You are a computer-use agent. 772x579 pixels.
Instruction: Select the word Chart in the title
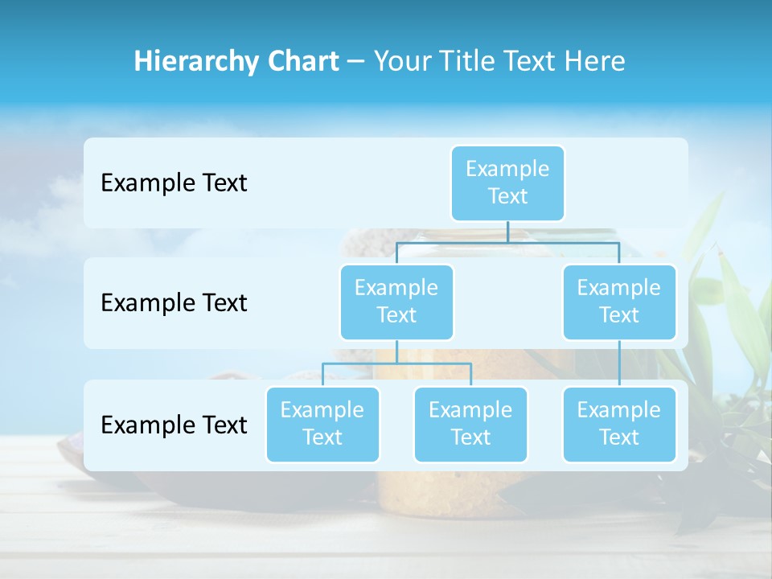tap(302, 61)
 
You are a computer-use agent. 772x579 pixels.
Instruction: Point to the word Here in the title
tap(593, 61)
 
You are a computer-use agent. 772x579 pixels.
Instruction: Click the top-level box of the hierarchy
tap(507, 183)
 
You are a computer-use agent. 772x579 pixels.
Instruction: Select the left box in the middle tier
tap(396, 302)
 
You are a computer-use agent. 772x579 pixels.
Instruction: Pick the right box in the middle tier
tap(619, 302)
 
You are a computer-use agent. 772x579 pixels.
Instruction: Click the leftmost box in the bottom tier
tap(322, 424)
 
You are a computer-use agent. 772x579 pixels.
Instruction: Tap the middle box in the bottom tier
tap(470, 424)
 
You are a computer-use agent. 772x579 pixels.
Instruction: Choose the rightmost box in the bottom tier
tap(619, 424)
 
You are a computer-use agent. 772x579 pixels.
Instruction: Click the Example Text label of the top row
tap(174, 183)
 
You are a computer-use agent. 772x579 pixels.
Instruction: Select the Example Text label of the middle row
tap(174, 303)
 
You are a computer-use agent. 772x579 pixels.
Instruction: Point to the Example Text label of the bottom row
tap(174, 425)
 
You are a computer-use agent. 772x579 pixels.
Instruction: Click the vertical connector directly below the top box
tap(507, 232)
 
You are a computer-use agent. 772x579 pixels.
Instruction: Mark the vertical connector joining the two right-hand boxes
tap(619, 363)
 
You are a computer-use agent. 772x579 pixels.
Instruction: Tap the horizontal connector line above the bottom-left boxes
tap(396, 363)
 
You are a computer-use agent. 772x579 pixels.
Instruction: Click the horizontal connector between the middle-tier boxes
tap(507, 241)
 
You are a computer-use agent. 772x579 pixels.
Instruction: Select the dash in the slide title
tap(356, 61)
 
